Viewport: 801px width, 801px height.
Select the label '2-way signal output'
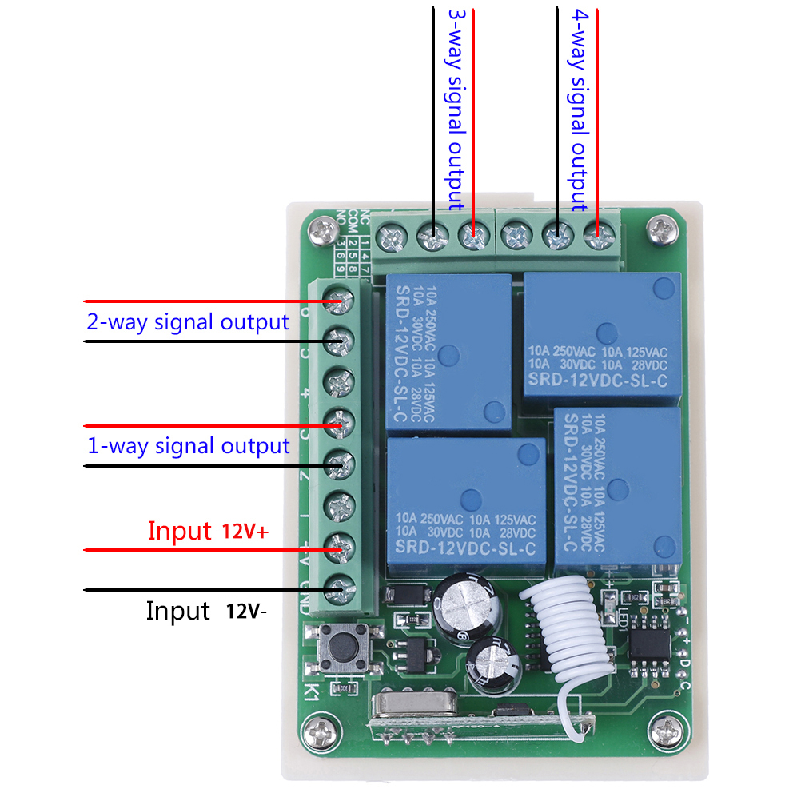187,322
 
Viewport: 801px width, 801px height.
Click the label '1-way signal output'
188,445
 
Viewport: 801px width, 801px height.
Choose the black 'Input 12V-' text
206,612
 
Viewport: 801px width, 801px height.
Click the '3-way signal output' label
455,110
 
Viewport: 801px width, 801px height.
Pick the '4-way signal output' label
580,110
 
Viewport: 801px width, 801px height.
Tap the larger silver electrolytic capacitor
468,604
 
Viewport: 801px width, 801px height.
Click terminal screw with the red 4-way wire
595,236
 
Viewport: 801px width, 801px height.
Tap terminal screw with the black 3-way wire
432,236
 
